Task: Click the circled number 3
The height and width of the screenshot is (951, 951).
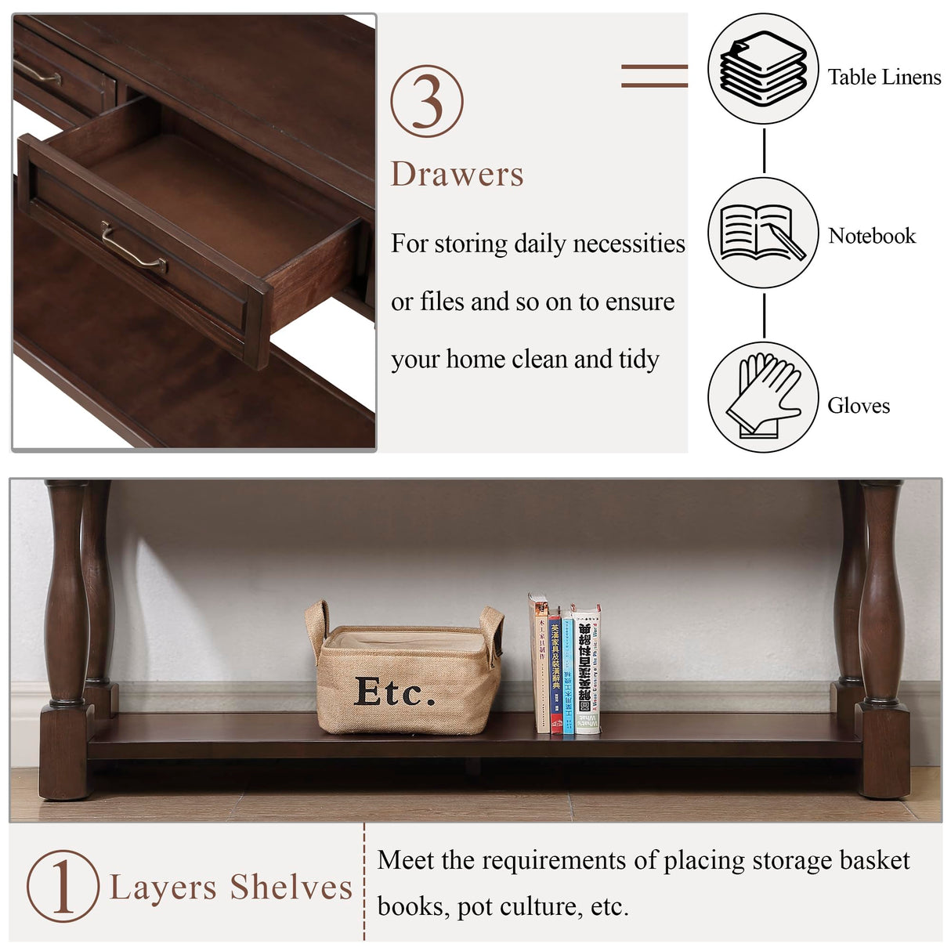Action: tap(427, 101)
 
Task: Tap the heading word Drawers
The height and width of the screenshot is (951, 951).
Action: tap(457, 175)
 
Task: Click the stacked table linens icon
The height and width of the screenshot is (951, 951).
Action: tap(763, 68)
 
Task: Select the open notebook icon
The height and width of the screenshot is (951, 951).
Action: tap(763, 233)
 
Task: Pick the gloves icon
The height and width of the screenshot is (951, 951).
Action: tap(763, 396)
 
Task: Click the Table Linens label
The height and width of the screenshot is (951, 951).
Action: tap(884, 78)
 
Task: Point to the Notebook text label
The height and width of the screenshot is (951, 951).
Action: tap(872, 236)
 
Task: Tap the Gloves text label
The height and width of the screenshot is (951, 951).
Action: tap(859, 406)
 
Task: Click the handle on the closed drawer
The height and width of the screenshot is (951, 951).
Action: tap(38, 73)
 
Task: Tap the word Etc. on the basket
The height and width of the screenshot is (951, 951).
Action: tap(394, 692)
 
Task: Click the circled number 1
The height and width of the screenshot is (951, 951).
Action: tap(63, 886)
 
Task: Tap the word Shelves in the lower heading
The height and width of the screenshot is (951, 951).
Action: tap(291, 888)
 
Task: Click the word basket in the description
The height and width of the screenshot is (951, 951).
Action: tap(873, 861)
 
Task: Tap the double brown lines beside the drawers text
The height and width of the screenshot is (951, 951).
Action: tap(654, 75)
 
